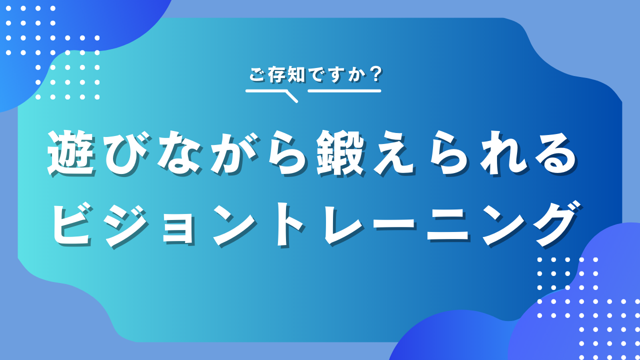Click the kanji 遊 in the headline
point(71,153)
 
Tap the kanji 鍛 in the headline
point(340,153)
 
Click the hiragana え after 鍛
point(393,153)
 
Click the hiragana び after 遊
point(125,153)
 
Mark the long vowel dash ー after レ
point(393,225)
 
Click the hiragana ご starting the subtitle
point(257,75)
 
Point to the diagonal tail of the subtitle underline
point(291,96)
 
